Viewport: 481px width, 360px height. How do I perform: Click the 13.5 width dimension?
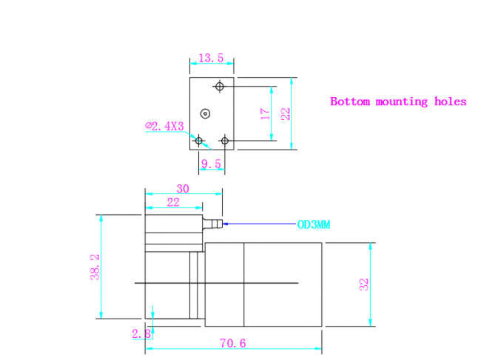pos(211,58)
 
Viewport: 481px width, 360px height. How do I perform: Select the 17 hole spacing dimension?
pos(266,113)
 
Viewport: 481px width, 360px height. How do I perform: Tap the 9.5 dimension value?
pos(211,164)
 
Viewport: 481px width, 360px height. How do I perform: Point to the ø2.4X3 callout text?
pos(164,126)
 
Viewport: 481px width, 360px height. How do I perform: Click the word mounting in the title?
pos(402,101)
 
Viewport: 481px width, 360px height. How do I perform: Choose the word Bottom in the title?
pos(350,101)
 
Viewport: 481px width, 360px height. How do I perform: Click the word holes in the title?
pos(451,101)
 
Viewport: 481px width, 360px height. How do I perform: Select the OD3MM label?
pos(314,225)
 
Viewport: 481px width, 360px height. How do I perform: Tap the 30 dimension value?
pos(183,189)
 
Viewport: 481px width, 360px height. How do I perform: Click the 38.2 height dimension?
pos(95,267)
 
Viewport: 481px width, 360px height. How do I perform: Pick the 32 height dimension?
pos(364,284)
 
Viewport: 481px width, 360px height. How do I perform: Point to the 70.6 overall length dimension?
pos(233,343)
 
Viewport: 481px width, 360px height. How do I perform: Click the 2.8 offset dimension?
pos(141,333)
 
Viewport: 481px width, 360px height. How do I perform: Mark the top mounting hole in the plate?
pos(219,87)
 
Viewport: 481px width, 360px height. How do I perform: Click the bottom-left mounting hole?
pos(199,141)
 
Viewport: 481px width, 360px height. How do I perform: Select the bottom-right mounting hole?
pos(225,141)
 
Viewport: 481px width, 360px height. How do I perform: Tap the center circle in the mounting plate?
pos(205,114)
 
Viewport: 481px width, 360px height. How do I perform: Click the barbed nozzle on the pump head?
pos(212,224)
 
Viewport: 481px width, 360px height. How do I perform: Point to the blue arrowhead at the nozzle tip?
pos(225,224)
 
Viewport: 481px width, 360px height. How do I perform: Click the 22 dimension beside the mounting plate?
pos(286,113)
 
